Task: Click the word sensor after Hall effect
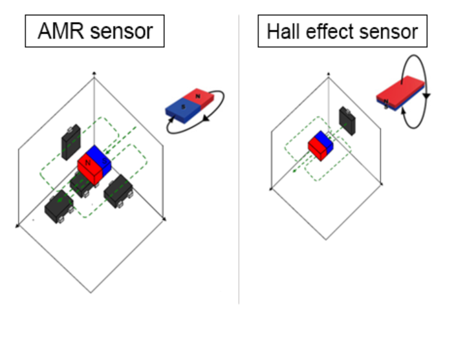[389, 30]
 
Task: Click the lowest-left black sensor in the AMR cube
[58, 205]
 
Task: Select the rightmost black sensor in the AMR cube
[118, 190]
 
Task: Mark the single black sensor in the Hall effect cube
[348, 120]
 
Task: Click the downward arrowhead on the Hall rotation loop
[426, 95]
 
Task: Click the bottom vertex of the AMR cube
[91, 293]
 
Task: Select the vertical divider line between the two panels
[239, 162]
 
